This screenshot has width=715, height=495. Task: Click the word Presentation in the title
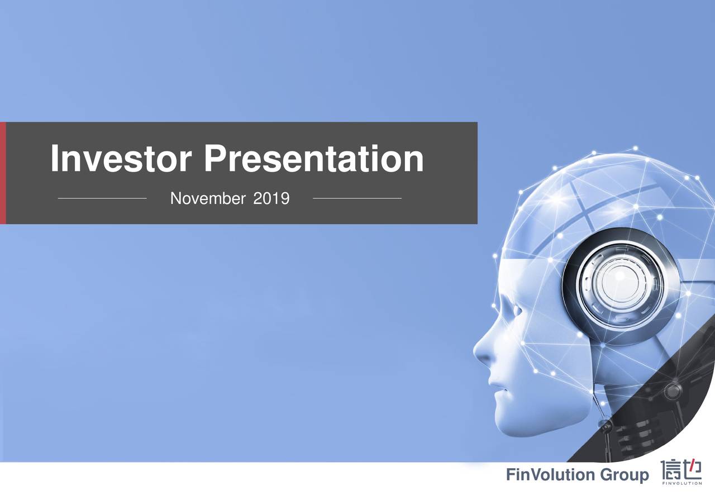[313, 159]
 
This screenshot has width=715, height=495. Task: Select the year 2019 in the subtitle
[271, 198]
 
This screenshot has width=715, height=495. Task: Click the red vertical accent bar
[3, 173]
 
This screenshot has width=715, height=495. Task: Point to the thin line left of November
[102, 198]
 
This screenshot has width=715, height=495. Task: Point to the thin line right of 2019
[357, 198]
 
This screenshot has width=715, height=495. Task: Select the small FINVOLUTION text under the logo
[681, 484]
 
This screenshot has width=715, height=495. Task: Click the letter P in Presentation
[214, 159]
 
